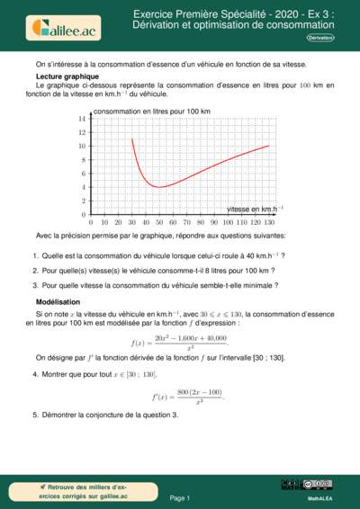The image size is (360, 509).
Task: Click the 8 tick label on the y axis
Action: click(82, 160)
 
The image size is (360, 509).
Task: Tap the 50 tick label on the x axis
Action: click(146, 221)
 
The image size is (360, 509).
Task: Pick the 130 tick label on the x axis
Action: click(268, 221)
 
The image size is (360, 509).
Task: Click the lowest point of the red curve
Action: click(158, 187)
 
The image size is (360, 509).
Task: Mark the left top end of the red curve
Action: click(132, 138)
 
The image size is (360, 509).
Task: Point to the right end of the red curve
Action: click(268, 146)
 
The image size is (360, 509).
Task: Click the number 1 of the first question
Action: click(34, 255)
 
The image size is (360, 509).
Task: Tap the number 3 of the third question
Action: click(34, 285)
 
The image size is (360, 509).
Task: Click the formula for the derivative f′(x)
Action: click(187, 396)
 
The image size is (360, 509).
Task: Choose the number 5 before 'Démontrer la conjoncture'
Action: click(34, 415)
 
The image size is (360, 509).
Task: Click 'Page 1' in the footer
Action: click(180, 497)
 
